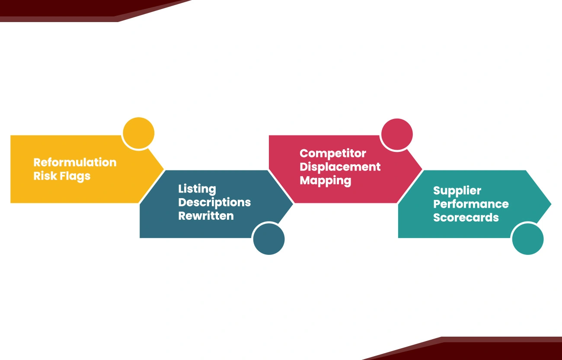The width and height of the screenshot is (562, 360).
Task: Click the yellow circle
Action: [138, 133]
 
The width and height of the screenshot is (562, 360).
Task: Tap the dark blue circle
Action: [269, 239]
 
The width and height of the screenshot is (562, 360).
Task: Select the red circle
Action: [397, 134]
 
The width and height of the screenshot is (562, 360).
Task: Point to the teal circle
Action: [528, 239]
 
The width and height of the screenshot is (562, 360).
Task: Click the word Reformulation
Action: [75, 162]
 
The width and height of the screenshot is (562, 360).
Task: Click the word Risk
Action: [45, 176]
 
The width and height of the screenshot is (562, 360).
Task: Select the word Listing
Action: [197, 189]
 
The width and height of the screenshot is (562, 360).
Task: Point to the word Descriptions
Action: [214, 202]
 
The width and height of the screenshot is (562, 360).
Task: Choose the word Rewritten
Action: [206, 216]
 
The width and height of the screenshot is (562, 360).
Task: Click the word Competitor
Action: [333, 154]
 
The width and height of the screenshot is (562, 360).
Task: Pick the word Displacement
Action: [340, 167]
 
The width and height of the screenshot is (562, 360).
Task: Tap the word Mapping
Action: [326, 181]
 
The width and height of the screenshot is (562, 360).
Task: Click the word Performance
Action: [471, 204]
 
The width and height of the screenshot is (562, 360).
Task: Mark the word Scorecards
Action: [466, 218]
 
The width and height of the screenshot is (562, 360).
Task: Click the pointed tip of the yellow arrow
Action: [163, 169]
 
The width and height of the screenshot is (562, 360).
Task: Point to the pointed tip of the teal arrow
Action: [551, 204]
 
